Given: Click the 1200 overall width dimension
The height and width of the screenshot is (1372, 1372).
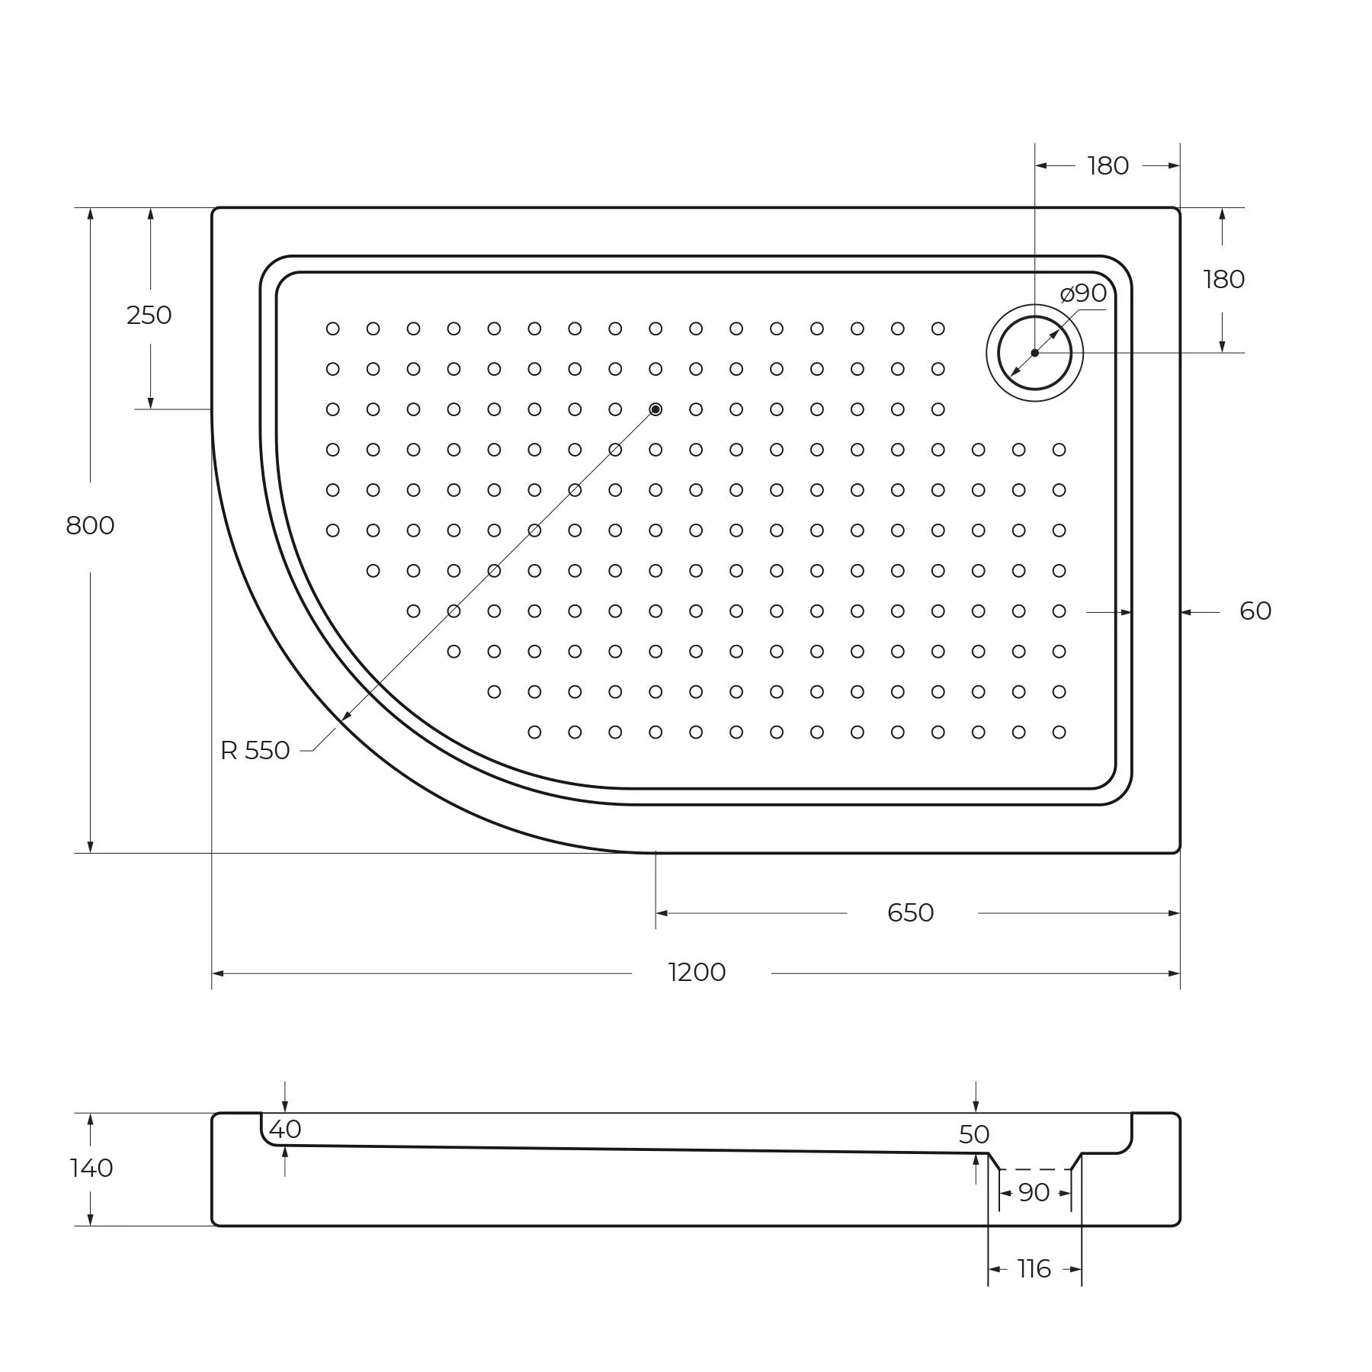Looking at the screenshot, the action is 697,973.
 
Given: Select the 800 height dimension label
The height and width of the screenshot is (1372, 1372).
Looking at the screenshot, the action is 90,526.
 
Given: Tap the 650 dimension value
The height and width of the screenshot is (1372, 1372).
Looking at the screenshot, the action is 910,913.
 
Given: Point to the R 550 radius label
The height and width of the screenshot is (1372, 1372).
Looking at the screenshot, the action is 255,751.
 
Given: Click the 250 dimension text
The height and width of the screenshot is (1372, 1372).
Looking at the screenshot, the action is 149,315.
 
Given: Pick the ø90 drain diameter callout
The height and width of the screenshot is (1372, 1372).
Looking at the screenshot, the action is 1083,293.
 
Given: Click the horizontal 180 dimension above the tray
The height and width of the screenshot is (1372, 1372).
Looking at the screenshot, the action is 1108,166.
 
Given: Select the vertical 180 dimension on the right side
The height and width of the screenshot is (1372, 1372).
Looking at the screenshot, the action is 1224,280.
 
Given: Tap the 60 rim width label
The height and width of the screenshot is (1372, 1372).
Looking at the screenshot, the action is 1255,611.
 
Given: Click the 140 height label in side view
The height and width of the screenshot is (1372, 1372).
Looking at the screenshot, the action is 91,1168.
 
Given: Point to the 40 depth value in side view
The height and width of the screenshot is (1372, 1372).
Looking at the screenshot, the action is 285,1130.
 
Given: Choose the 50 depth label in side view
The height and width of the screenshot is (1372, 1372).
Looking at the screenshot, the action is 974,1135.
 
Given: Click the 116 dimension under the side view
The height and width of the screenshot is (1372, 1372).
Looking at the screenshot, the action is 1034,1269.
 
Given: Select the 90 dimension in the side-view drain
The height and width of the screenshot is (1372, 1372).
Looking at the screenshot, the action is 1034,1193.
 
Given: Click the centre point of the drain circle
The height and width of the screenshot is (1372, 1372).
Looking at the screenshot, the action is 1034,353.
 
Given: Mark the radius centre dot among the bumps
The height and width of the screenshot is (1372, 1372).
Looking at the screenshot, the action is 656,409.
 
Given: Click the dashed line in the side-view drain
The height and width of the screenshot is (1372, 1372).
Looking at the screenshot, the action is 1035,1169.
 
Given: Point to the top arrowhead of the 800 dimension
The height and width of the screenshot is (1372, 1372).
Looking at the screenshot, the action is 90,214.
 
